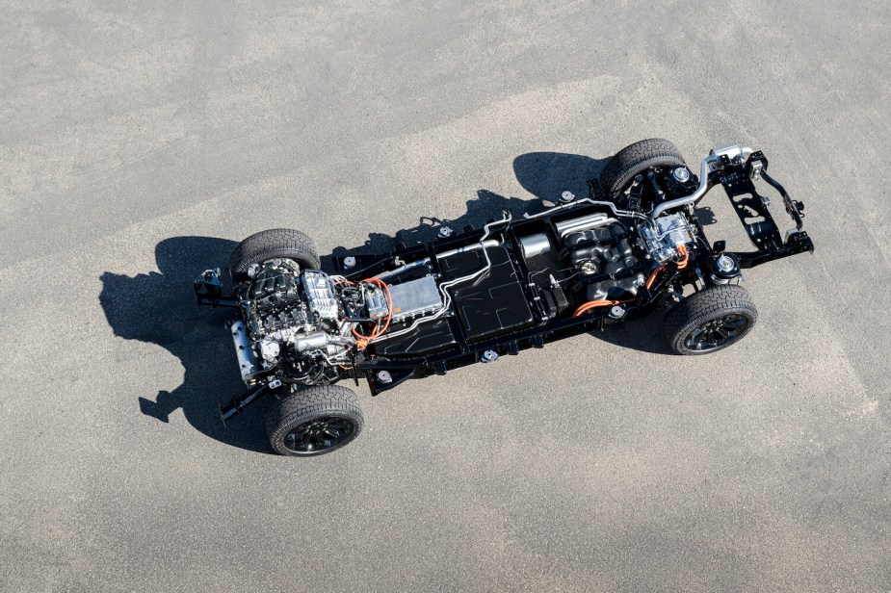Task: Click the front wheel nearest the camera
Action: tap(315, 421)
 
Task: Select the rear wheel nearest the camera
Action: tap(710, 320)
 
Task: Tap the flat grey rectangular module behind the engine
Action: tap(414, 297)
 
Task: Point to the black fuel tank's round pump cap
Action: tap(587, 266)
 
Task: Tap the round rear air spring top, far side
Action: tap(681, 174)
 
